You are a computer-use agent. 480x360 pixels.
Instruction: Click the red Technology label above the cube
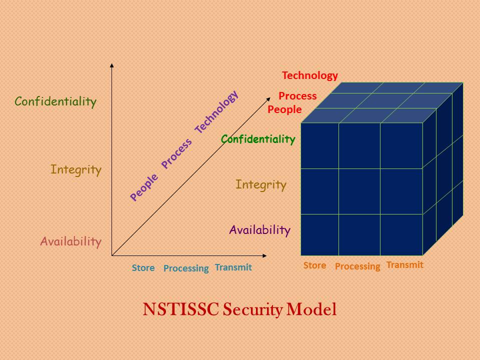coord(310,75)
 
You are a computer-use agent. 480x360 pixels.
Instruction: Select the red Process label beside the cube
coord(297,95)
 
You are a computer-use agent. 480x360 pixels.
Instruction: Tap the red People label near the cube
coord(284,109)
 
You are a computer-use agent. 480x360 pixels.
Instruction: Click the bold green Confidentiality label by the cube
coord(258,139)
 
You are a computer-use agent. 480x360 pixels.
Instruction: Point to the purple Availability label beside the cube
coord(259,230)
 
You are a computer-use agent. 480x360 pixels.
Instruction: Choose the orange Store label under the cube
coord(314,265)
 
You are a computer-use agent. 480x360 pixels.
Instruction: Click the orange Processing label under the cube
coord(357,266)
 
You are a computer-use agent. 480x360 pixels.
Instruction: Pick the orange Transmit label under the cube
coord(404,265)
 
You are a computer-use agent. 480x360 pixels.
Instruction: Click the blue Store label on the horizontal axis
coord(143,268)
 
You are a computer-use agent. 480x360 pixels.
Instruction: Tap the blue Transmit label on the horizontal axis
coord(233,267)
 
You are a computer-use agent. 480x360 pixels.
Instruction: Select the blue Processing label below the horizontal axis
coord(186,268)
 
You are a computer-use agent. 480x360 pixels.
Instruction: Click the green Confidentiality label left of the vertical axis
coord(55,102)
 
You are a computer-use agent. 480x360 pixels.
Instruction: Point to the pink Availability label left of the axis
coord(71,241)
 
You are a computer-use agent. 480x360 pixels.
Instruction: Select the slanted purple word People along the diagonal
coord(144,187)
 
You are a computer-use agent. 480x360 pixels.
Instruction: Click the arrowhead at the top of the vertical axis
coord(112,65)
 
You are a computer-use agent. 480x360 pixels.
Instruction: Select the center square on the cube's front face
coord(359,191)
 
